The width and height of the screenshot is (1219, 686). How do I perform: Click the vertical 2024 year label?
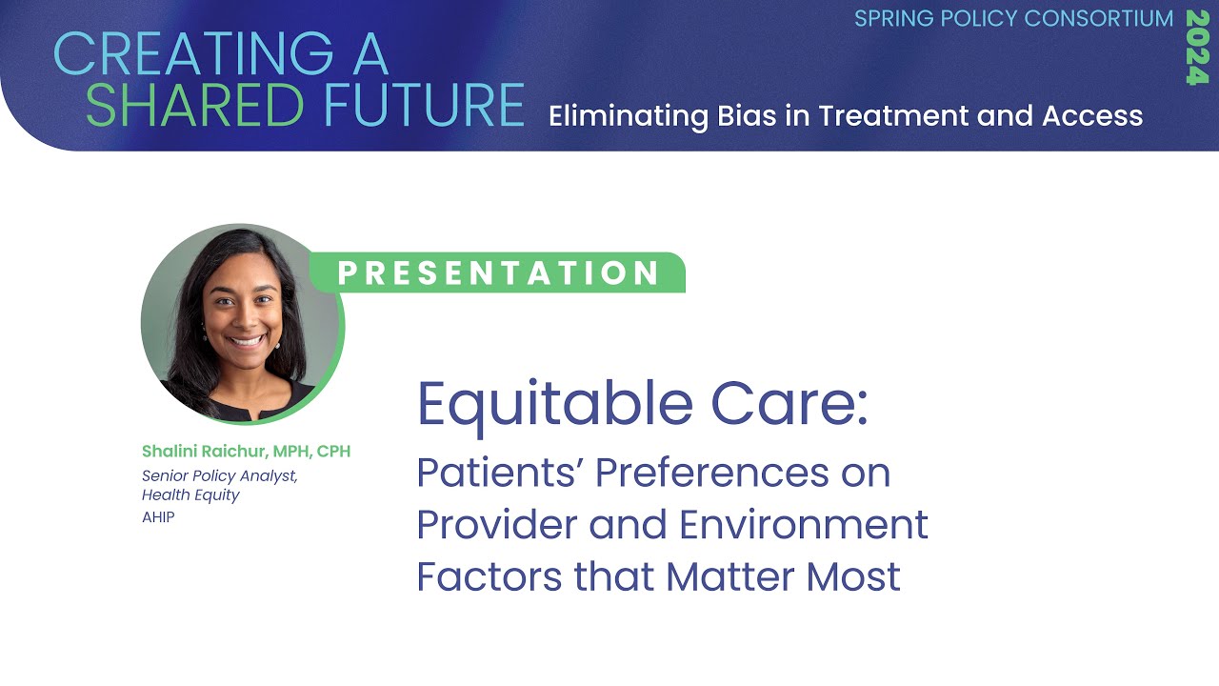1197,48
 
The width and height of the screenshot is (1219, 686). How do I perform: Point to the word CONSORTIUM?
1099,19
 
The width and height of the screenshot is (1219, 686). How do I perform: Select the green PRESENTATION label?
499,273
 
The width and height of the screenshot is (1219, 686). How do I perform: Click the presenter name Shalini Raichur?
205,451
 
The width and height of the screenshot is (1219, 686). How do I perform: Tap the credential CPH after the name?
334,451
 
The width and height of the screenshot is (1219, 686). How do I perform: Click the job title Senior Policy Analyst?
219,475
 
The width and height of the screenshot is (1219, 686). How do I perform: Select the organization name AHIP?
158,518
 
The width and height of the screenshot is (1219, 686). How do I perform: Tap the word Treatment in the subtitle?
891,116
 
